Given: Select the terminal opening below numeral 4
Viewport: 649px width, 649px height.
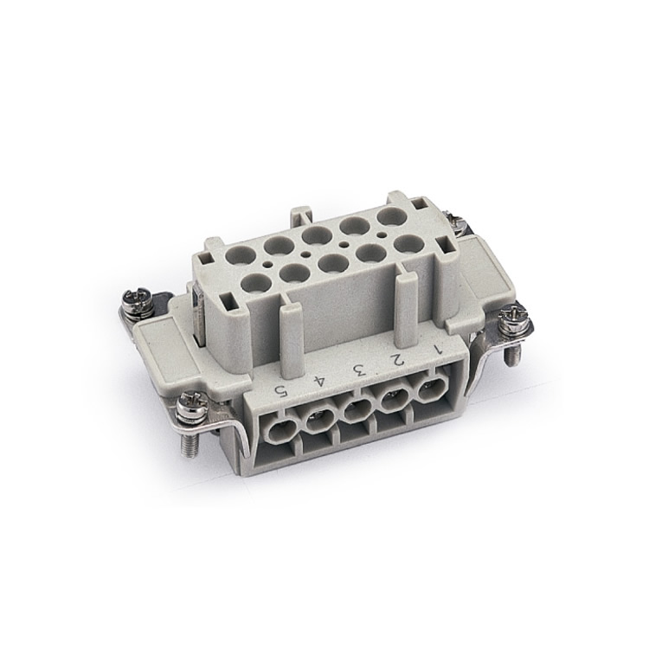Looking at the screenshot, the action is pyautogui.click(x=319, y=424).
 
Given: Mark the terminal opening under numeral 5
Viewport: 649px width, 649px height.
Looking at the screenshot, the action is pyautogui.click(x=280, y=434).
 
